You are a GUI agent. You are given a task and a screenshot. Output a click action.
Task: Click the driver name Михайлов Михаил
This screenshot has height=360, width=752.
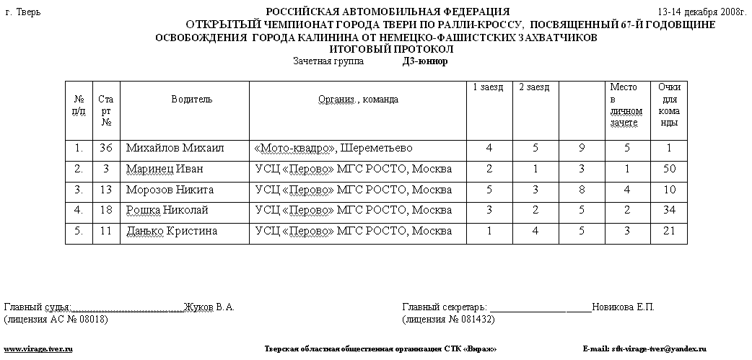(175, 149)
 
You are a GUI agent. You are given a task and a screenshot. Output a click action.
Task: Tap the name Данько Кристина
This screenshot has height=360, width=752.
(171, 232)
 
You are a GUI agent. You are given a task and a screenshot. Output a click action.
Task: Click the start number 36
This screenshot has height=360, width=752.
(106, 149)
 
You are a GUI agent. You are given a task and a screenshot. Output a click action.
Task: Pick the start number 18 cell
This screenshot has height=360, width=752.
(106, 211)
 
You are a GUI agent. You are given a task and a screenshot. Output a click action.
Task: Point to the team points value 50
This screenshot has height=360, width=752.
(669, 170)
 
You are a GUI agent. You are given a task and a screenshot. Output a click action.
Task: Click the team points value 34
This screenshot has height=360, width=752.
(669, 211)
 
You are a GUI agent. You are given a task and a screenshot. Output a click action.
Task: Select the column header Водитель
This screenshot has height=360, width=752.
(191, 100)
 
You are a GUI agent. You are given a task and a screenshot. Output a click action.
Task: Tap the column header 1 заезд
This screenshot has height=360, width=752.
(488, 87)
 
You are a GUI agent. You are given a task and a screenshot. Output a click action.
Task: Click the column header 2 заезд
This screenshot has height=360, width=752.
(534, 87)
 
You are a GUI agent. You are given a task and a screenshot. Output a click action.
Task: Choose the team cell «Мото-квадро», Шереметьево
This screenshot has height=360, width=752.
(333, 149)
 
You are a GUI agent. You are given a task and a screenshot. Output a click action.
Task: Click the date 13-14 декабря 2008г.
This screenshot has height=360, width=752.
(701, 12)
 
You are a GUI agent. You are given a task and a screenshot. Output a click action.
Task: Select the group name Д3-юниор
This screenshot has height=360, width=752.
(425, 61)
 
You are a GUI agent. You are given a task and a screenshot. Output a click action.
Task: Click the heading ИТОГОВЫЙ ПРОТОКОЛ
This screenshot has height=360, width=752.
(391, 49)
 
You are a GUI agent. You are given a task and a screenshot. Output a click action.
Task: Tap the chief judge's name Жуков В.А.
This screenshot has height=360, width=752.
(209, 307)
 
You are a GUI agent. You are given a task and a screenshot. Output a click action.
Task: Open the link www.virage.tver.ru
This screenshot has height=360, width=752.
(39, 349)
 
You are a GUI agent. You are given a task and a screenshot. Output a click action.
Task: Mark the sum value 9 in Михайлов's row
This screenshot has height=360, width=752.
(581, 149)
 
